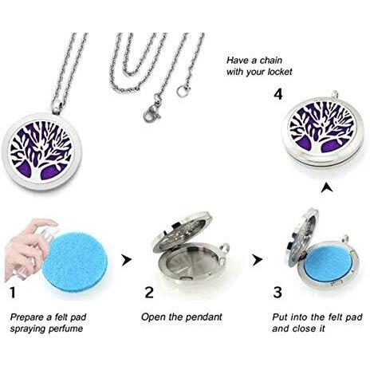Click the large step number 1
[13, 292]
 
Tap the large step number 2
[149, 292]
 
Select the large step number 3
[277, 292]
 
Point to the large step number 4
[278, 94]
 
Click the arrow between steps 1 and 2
[127, 260]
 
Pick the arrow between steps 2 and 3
[258, 260]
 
